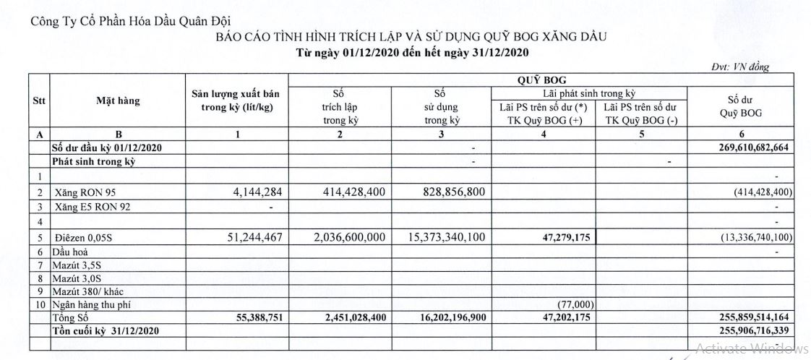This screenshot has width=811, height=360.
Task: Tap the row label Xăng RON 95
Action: pyautogui.click(x=85, y=192)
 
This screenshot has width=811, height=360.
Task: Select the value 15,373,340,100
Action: pyautogui.click(x=437, y=237)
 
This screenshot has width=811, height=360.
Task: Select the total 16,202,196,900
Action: pyautogui.click(x=440, y=317)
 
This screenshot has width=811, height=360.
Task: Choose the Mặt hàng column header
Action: pyautogui.click(x=118, y=101)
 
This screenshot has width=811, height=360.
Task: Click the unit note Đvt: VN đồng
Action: pyautogui.click(x=741, y=67)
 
